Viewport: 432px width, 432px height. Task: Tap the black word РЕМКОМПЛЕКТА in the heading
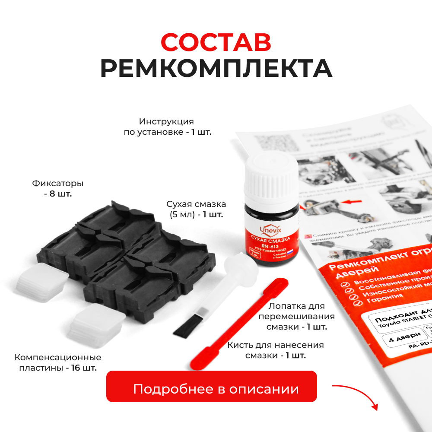click(x=216, y=68)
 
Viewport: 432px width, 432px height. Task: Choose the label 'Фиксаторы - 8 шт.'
click(x=58, y=188)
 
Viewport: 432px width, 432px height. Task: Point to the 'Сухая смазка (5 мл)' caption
click(x=197, y=209)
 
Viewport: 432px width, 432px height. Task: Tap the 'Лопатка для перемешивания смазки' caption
click(x=296, y=316)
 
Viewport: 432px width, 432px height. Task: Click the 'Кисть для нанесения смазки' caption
click(x=276, y=350)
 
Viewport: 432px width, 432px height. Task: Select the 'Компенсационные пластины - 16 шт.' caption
click(x=57, y=363)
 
